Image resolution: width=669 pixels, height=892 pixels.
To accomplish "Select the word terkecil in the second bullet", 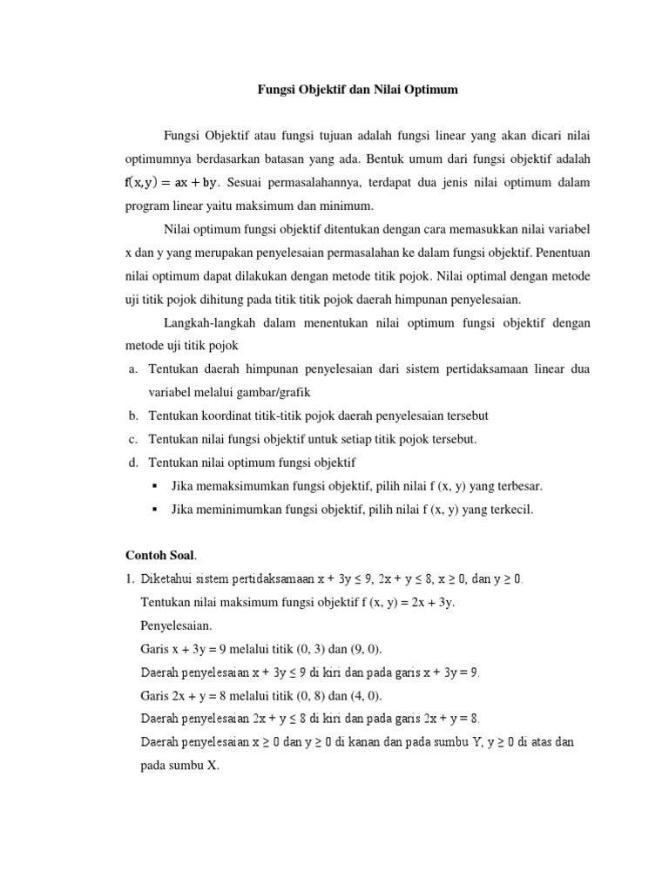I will tap(510, 510).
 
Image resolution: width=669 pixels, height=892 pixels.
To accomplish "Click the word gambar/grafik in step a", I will tap(259, 392).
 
